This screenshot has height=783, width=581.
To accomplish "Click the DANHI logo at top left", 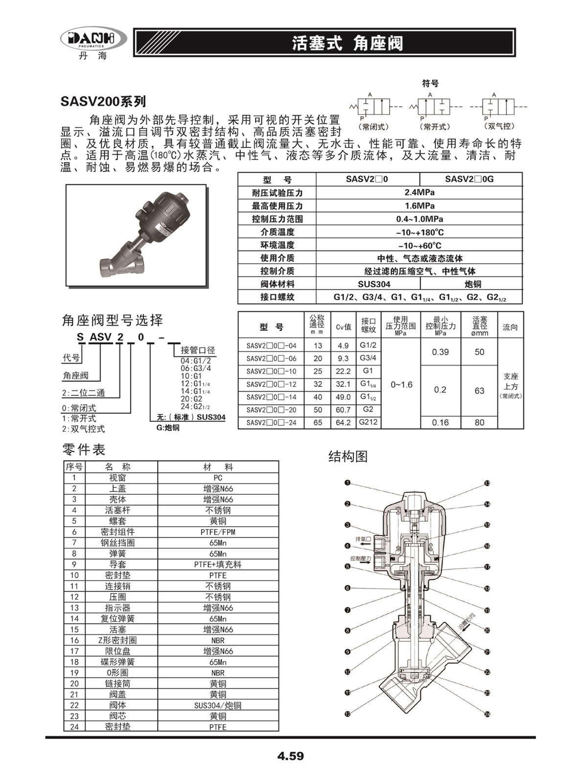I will click(93, 40).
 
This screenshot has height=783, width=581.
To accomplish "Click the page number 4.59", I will click(290, 756).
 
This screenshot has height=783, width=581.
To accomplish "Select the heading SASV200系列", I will click(103, 101).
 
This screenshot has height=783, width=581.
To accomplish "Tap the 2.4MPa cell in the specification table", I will click(419, 192).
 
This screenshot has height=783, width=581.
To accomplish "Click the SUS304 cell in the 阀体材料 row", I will click(368, 284).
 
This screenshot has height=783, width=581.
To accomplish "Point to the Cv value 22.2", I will click(343, 371).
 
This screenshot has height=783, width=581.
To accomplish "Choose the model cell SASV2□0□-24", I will click(271, 423).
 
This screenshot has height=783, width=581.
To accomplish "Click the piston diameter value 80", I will click(479, 422).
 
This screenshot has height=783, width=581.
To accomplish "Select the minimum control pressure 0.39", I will click(440, 352).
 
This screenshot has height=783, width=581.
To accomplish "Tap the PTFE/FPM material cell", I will click(218, 532).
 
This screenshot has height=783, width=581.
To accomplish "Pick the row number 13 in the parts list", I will click(74, 608).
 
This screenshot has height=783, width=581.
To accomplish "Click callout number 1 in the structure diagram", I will click(348, 483).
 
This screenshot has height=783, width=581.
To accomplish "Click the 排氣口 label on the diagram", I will click(363, 539).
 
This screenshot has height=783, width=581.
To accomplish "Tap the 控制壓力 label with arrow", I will click(360, 558).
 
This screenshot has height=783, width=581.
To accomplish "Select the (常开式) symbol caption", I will click(435, 126).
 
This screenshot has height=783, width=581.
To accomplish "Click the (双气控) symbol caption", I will click(499, 126).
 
